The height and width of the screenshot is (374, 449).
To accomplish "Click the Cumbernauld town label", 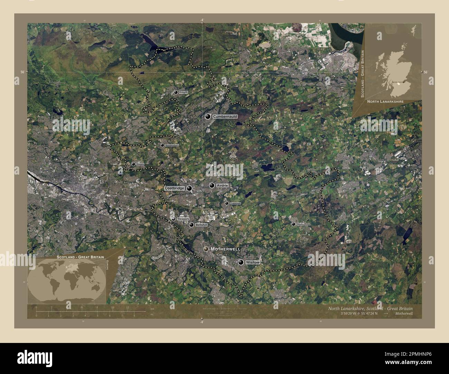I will point(225,117).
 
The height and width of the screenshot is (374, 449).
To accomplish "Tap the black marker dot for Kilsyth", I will point(176,92).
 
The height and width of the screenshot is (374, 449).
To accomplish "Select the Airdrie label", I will point(222,186).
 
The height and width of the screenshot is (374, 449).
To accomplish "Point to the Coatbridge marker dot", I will point(189,188).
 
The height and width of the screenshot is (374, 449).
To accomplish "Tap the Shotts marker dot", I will point(293,224).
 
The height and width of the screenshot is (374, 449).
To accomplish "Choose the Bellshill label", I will point(201,225).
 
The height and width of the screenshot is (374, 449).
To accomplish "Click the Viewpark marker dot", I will point(173,219).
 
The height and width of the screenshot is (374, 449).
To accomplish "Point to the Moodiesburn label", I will point(172,146).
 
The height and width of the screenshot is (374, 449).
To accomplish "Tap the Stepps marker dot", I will point(133,164).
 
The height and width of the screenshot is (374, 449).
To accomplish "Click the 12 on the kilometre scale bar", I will point(127,307).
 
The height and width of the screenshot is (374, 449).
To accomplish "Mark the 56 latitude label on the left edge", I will point(22,72).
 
